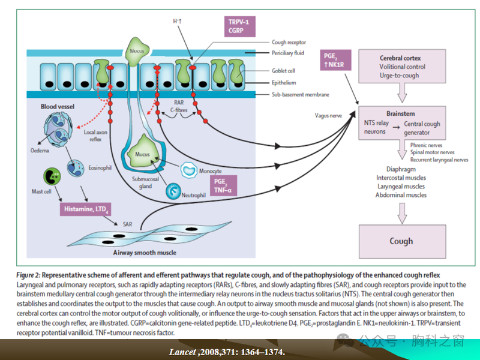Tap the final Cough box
pyautogui.click(x=401, y=241)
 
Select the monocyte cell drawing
pyautogui.click(x=190, y=172)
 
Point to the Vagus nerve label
pyautogui.click(x=330, y=115)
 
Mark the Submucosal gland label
pyautogui.click(x=146, y=182)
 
